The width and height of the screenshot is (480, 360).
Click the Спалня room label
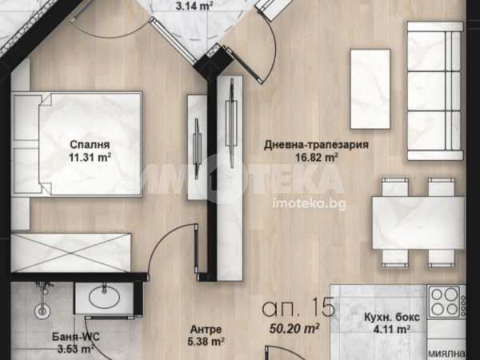coord(90,145)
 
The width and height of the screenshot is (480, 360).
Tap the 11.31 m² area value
coord(90,158)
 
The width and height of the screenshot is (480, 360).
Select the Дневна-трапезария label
coord(316,145)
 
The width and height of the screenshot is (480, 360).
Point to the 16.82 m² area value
coord(317,158)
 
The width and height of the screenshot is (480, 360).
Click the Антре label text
coord(206,330)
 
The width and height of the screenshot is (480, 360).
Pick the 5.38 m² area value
coord(206,342)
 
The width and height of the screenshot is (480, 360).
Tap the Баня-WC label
coord(76,337)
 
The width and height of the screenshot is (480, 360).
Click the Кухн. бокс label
coord(392,317)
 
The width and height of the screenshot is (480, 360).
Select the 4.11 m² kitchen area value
coord(392,330)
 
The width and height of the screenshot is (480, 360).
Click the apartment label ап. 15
coord(298,308)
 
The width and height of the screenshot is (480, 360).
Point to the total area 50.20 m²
coord(294,328)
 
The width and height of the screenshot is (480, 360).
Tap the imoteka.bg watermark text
coord(309,204)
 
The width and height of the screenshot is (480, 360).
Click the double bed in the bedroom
coord(77,144)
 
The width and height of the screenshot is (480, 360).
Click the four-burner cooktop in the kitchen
coord(446,302)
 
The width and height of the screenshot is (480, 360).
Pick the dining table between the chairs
coord(418,222)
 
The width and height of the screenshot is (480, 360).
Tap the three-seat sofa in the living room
coord(435,91)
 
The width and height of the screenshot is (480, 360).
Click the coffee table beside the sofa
coord(370,89)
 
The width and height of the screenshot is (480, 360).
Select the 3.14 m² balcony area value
coord(194,6)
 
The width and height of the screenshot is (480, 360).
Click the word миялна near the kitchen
coord(447,353)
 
